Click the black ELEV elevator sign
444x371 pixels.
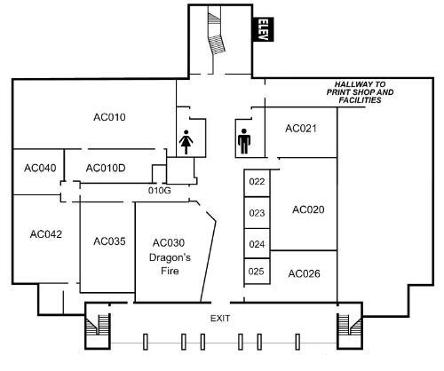(x=263, y=29)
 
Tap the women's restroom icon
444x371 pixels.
(x=186, y=142)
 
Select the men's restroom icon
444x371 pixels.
(x=244, y=141)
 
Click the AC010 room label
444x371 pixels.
(x=109, y=117)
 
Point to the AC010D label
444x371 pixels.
(x=106, y=168)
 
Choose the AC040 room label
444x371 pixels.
(x=40, y=168)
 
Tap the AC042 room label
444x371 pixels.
(x=46, y=234)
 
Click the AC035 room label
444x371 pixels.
(x=109, y=241)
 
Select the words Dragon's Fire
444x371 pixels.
(x=170, y=264)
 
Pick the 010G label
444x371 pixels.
(x=160, y=190)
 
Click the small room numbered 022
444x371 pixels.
(x=257, y=183)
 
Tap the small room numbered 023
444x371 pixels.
(x=257, y=212)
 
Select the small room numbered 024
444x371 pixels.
(x=257, y=243)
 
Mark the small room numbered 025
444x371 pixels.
(x=257, y=271)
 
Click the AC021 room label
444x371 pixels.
(x=301, y=129)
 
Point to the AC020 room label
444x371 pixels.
(x=308, y=209)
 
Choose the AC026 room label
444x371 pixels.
(x=305, y=273)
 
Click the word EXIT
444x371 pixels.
(x=220, y=319)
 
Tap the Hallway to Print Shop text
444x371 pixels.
(x=360, y=92)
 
